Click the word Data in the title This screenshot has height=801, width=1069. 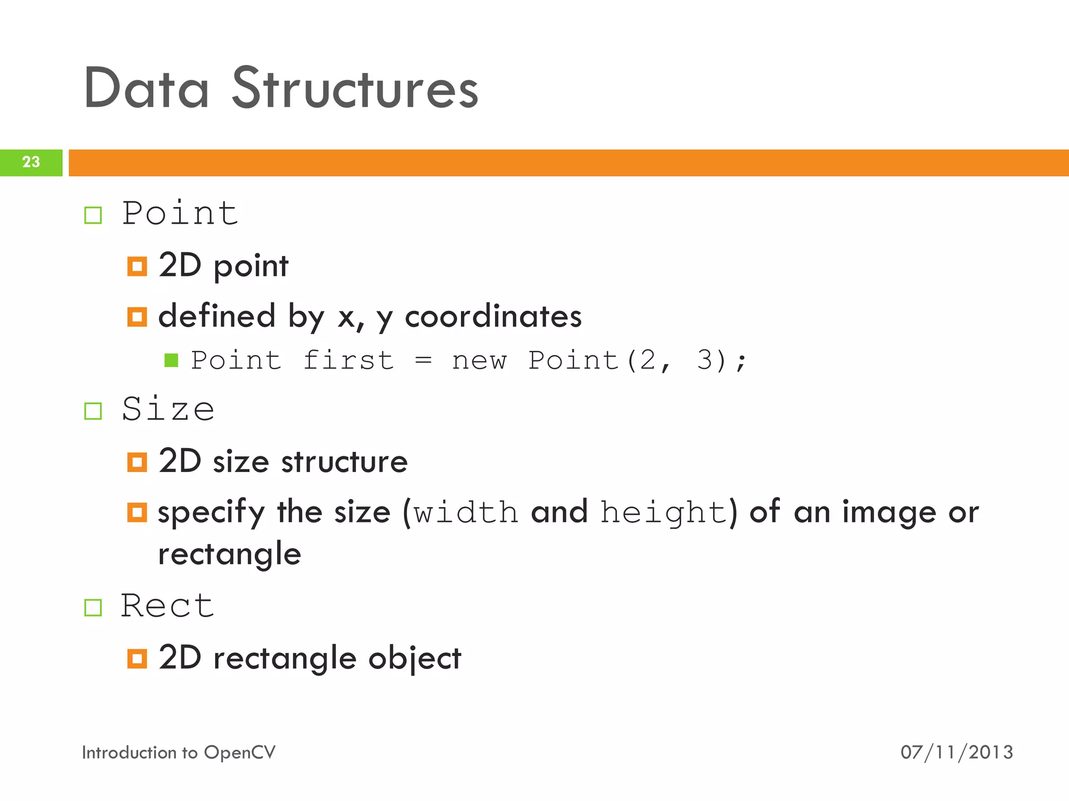(146, 89)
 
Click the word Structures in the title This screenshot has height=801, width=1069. (355, 89)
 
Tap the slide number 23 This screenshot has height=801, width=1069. (31, 162)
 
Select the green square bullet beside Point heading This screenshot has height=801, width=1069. (93, 215)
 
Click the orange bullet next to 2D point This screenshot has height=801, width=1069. (137, 266)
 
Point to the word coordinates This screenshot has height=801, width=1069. (493, 317)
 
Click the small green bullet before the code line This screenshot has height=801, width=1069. (171, 360)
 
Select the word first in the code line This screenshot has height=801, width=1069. (348, 360)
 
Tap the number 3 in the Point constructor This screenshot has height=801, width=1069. (704, 360)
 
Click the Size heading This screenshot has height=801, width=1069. (168, 409)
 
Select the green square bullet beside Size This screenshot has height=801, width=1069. (93, 411)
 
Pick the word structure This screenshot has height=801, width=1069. (344, 462)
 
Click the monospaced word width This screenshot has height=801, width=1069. (466, 513)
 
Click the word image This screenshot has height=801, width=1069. (889, 513)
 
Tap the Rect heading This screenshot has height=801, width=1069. (167, 606)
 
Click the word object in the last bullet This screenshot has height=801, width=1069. (414, 659)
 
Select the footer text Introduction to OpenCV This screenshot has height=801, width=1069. (179, 753)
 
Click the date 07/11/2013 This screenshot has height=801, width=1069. (956, 753)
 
